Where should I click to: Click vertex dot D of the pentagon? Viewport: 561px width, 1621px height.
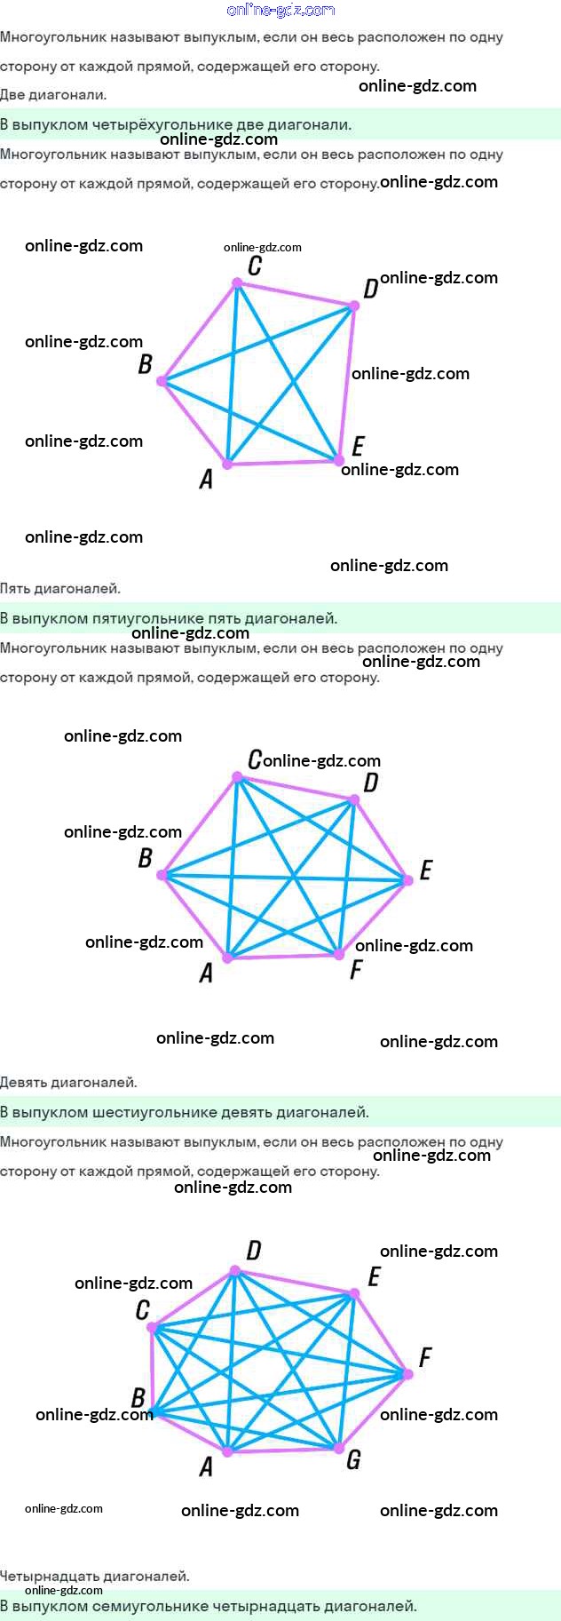click(x=353, y=306)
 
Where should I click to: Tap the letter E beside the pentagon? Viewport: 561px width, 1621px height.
click(x=358, y=446)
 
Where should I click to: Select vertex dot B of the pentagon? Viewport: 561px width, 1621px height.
click(x=162, y=381)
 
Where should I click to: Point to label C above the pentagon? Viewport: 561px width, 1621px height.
click(x=255, y=266)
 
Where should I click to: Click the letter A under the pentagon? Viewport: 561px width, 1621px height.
click(x=206, y=480)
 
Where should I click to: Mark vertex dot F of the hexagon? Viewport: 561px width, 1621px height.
click(x=338, y=954)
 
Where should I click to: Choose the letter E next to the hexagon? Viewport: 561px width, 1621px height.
click(x=426, y=870)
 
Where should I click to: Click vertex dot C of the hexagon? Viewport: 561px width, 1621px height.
click(x=237, y=777)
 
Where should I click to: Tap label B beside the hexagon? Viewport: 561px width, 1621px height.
click(x=145, y=858)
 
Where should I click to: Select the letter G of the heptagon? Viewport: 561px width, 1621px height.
click(x=353, y=1459)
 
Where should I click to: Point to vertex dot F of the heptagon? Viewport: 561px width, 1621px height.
click(x=407, y=1374)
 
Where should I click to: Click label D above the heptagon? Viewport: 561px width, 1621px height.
click(x=254, y=1251)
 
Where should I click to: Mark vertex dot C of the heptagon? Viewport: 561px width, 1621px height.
click(x=153, y=1328)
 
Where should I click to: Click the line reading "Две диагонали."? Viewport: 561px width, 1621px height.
click(x=53, y=95)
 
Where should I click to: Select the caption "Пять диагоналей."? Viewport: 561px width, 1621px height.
click(x=60, y=588)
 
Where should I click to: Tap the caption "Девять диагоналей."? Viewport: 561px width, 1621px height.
click(x=68, y=1082)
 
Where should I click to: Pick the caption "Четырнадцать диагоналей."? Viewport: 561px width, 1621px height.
click(x=95, y=1576)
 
